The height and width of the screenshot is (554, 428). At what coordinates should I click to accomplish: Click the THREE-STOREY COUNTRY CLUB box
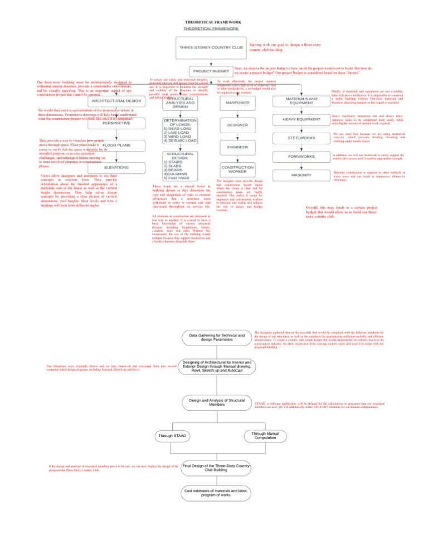[211, 48]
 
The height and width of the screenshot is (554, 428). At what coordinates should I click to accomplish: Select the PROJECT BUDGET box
[211, 71]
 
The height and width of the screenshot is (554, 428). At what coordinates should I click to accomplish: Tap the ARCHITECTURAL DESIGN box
[116, 101]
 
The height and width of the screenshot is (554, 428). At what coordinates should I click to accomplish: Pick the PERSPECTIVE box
[116, 123]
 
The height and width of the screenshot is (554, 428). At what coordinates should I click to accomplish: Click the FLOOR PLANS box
[116, 145]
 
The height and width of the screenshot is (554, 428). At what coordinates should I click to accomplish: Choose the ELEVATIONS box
[116, 167]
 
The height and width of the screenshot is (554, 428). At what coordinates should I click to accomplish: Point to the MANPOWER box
[237, 103]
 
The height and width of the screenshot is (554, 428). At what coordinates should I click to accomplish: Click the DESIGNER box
[237, 125]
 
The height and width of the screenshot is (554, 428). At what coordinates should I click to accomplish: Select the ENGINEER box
[237, 147]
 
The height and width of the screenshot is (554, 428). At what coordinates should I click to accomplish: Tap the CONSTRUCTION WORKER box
[237, 169]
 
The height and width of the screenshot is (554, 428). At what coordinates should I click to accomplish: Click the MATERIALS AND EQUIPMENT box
[301, 101]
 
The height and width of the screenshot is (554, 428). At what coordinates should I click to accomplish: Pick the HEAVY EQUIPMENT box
[301, 120]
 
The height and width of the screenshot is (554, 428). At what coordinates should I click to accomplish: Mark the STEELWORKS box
[301, 138]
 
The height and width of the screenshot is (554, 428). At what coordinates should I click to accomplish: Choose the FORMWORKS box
[301, 157]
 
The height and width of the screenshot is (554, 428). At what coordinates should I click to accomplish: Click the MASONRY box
[301, 175]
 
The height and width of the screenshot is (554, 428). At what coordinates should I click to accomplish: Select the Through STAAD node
[172, 435]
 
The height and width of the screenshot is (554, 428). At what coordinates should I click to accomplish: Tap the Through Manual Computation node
[265, 435]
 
